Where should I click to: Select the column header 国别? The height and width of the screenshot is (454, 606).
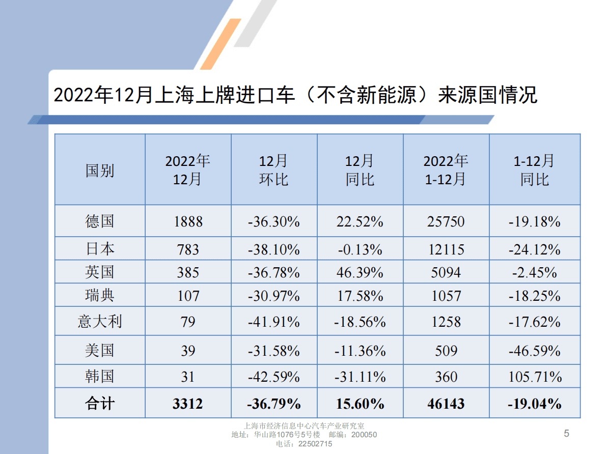point(100,170)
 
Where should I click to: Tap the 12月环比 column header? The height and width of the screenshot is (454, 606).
point(274,170)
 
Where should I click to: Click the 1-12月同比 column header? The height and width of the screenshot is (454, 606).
point(535,170)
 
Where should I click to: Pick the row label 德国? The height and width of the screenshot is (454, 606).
point(100,221)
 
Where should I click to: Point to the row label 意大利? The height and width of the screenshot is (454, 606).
point(100,321)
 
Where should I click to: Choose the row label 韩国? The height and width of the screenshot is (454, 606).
point(100,377)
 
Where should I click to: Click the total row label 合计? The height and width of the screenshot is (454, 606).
point(100,404)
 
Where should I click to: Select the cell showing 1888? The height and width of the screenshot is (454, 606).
point(188,221)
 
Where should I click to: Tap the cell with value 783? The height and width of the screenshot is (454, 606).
point(188,249)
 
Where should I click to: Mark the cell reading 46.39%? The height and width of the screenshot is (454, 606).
point(360,272)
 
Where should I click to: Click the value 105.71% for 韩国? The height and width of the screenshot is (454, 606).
point(535,377)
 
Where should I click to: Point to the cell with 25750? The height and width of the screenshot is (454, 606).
point(446,221)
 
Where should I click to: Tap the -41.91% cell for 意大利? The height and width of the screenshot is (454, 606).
point(274,322)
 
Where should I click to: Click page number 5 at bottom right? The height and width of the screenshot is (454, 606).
point(566,434)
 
